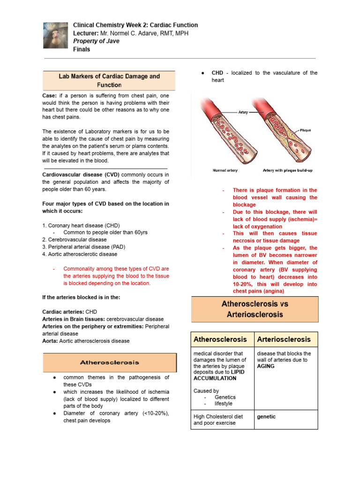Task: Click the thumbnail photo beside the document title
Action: point(56,35)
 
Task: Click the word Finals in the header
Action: point(82,49)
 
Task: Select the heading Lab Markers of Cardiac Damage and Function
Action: point(109,81)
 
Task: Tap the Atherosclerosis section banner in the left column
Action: point(110,362)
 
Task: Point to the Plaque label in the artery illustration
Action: point(305,130)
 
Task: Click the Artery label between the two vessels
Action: point(243,112)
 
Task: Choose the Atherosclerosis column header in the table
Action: point(220,339)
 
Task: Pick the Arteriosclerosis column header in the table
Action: point(284,339)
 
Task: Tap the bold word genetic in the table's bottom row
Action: point(266,416)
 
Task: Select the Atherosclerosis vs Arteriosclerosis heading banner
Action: point(255,309)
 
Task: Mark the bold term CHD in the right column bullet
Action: point(217,73)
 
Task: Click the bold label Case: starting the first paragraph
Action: point(50,95)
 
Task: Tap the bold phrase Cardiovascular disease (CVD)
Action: point(81,175)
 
